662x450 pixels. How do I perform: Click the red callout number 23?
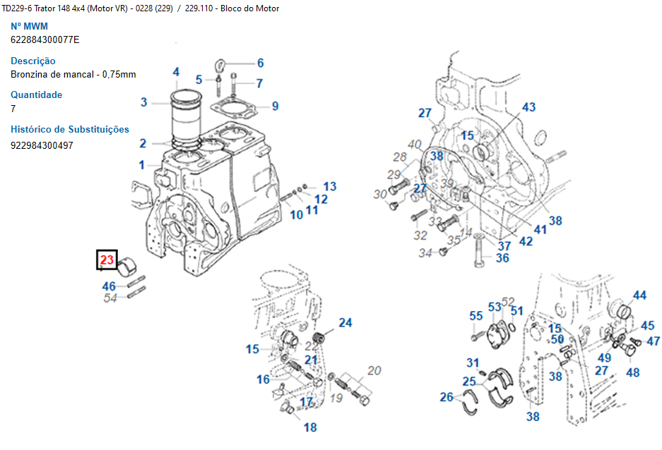(x=107, y=260)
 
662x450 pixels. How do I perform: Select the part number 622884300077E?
(x=45, y=40)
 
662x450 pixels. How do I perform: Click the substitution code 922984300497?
(x=42, y=145)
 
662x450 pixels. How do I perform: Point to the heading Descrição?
(x=32, y=61)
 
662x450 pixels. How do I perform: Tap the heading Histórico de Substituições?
(x=70, y=129)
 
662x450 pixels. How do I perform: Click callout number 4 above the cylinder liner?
(x=176, y=72)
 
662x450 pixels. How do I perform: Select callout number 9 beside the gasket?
(x=275, y=107)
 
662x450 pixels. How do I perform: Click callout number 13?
(x=330, y=187)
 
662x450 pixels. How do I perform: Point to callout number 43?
(x=529, y=107)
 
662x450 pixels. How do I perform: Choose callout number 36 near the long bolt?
(x=502, y=258)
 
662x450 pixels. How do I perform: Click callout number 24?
(x=345, y=323)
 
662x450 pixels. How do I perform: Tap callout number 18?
(x=310, y=427)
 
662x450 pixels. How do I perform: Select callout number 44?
(x=639, y=296)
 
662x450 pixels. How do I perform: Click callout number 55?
(x=476, y=315)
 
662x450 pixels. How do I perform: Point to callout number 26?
(x=447, y=398)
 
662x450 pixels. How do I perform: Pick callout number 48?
(x=632, y=372)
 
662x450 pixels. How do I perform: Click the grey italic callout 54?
(x=110, y=298)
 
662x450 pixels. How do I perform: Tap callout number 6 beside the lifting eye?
(x=260, y=63)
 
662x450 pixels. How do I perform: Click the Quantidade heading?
(x=36, y=95)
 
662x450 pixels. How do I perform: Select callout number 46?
(x=109, y=286)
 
